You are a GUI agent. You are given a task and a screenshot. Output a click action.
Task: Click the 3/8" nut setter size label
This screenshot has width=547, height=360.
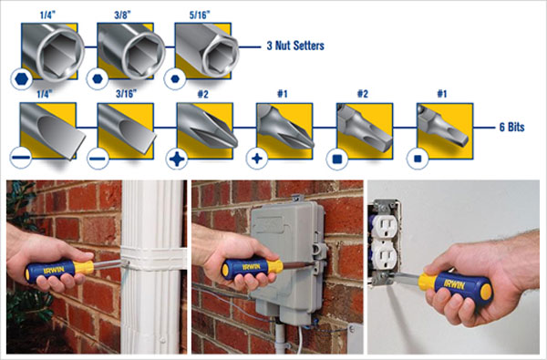[123, 15]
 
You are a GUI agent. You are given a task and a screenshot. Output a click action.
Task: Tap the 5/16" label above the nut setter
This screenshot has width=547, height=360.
[200, 15]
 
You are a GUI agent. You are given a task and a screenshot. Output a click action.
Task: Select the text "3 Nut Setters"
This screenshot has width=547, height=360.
[295, 46]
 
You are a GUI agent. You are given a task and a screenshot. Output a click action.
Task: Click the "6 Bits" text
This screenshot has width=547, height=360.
[511, 127]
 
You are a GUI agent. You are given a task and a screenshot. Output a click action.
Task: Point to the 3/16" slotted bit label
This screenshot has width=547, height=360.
[127, 94]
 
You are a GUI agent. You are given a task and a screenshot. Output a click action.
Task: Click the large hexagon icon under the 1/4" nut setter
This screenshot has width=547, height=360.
[22, 79]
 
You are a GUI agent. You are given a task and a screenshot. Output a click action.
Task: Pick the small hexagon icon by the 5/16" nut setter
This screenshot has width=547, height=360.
[175, 79]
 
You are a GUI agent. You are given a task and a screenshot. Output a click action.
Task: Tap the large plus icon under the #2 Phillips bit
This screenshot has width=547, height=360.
[177, 159]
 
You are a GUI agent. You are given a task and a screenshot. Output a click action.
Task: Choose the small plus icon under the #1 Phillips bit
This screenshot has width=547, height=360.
[257, 159]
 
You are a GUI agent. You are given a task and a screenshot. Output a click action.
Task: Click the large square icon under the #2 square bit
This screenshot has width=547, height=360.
[337, 159]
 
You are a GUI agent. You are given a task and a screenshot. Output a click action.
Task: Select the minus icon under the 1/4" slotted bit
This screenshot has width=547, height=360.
[21, 158]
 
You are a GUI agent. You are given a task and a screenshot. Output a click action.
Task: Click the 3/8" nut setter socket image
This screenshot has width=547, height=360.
[130, 51]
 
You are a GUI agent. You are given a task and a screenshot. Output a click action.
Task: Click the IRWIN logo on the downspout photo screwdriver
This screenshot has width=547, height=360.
[54, 271]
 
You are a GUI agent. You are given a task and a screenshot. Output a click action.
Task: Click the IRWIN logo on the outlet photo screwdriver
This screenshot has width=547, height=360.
[454, 284]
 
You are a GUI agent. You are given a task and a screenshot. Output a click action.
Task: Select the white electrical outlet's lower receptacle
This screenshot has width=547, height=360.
[384, 254]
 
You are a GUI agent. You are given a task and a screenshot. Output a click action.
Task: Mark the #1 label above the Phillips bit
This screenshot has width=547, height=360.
[283, 94]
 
